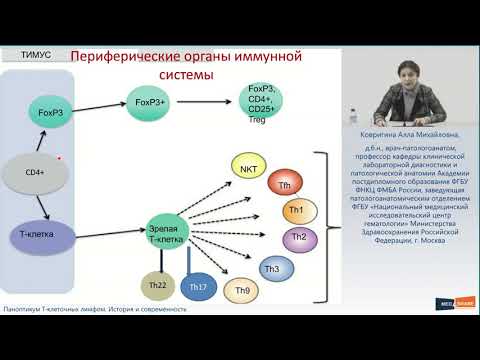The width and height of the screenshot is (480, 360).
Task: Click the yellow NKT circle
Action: [247, 169]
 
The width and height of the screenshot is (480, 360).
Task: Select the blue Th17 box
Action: [198, 288]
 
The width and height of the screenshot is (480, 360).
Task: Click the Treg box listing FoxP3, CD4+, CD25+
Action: [263, 103]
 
